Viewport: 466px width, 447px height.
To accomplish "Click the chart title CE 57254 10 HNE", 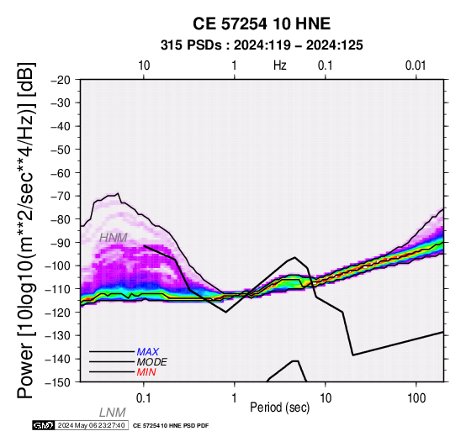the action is click(262, 24).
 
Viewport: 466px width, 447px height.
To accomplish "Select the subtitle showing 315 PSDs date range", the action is click(262, 45).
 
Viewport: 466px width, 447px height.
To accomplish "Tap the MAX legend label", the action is click(148, 352).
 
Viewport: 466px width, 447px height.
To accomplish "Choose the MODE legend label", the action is click(152, 362).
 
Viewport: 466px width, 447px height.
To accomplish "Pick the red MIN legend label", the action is click(146, 372).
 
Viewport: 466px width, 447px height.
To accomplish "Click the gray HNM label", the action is click(114, 238).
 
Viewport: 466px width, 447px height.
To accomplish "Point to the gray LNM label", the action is click(113, 413).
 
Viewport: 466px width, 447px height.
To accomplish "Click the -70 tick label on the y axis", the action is click(60, 196).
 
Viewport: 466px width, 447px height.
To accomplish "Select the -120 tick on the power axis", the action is click(57, 313).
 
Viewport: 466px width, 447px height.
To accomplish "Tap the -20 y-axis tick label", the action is click(60, 80).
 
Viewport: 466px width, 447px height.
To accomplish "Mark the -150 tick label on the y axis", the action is click(57, 382).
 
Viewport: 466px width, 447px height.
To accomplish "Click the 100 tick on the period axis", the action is click(416, 398).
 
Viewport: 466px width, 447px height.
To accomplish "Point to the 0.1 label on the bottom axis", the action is click(144, 398).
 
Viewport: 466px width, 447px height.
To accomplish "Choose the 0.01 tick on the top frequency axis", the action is click(416, 66).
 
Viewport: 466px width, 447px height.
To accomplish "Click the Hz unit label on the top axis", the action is click(280, 66).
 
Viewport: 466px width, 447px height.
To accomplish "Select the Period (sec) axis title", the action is click(280, 408).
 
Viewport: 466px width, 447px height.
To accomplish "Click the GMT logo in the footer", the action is click(44, 425).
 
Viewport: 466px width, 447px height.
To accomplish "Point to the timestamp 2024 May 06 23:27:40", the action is click(91, 425).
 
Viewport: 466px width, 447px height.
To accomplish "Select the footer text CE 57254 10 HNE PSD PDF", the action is click(171, 426).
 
